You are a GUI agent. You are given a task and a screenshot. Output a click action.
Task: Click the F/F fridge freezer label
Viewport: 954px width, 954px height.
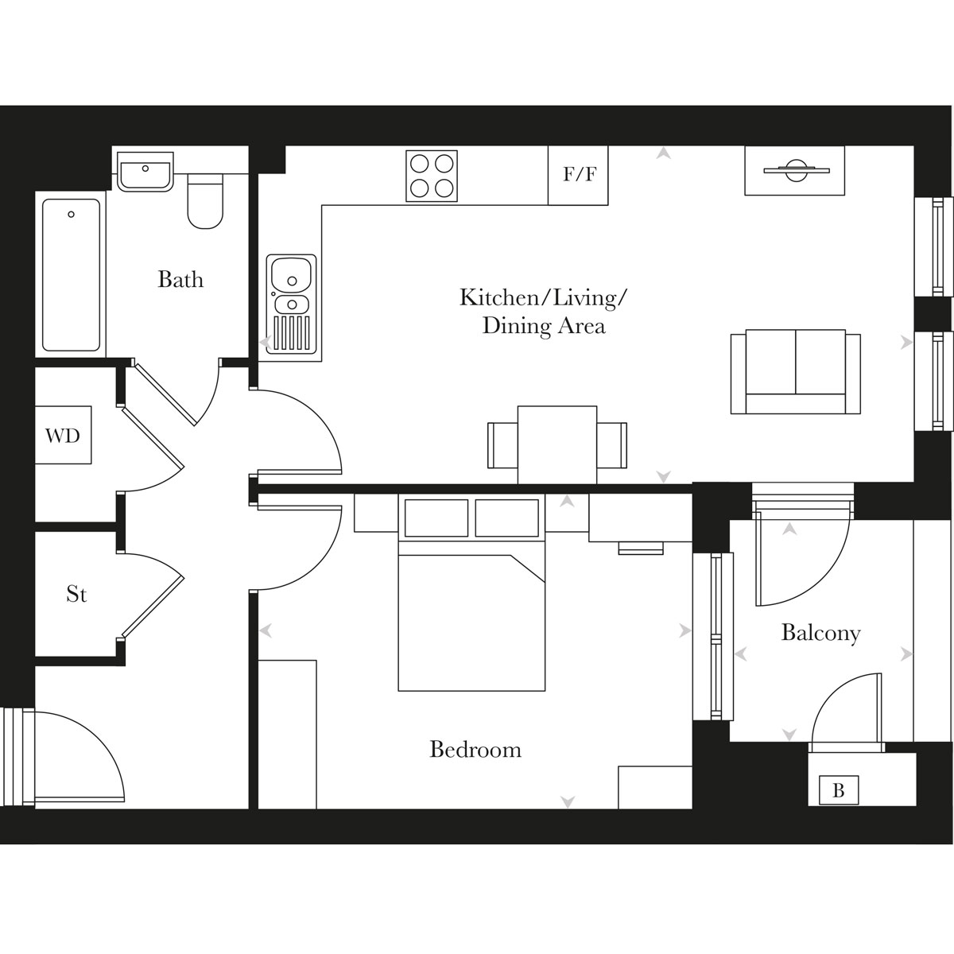click(x=579, y=175)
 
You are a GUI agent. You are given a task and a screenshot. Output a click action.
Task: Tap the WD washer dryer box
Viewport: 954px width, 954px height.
click(x=63, y=435)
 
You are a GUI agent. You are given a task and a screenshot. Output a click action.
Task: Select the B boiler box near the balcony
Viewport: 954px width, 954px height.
click(x=838, y=791)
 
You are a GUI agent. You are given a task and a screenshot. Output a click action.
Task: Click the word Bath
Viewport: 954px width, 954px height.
click(x=180, y=280)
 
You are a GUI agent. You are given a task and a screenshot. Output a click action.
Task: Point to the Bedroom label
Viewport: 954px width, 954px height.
click(x=475, y=750)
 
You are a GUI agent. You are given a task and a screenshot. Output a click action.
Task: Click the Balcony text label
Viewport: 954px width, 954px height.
click(x=820, y=633)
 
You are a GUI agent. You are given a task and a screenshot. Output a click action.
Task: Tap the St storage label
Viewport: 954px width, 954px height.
click(x=76, y=594)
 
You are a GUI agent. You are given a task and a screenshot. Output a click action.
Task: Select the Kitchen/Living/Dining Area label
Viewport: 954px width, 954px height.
click(x=544, y=312)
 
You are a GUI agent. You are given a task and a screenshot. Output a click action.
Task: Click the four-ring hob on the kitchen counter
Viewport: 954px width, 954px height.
click(x=432, y=176)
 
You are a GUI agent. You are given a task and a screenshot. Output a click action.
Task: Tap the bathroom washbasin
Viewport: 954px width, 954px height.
click(x=145, y=173)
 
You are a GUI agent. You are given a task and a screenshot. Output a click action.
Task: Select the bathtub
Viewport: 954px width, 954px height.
click(x=72, y=274)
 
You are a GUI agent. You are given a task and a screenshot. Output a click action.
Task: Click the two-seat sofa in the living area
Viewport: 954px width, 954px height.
click(x=795, y=371)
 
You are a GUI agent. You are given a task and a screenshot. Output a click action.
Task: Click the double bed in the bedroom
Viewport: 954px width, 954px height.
click(x=471, y=612)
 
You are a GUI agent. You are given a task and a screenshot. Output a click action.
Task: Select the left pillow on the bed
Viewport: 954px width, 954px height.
click(x=436, y=518)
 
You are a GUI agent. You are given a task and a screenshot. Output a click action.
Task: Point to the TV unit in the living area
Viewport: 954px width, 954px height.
click(x=795, y=170)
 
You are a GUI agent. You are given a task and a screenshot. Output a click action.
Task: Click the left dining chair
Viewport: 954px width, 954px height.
click(x=502, y=445)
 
